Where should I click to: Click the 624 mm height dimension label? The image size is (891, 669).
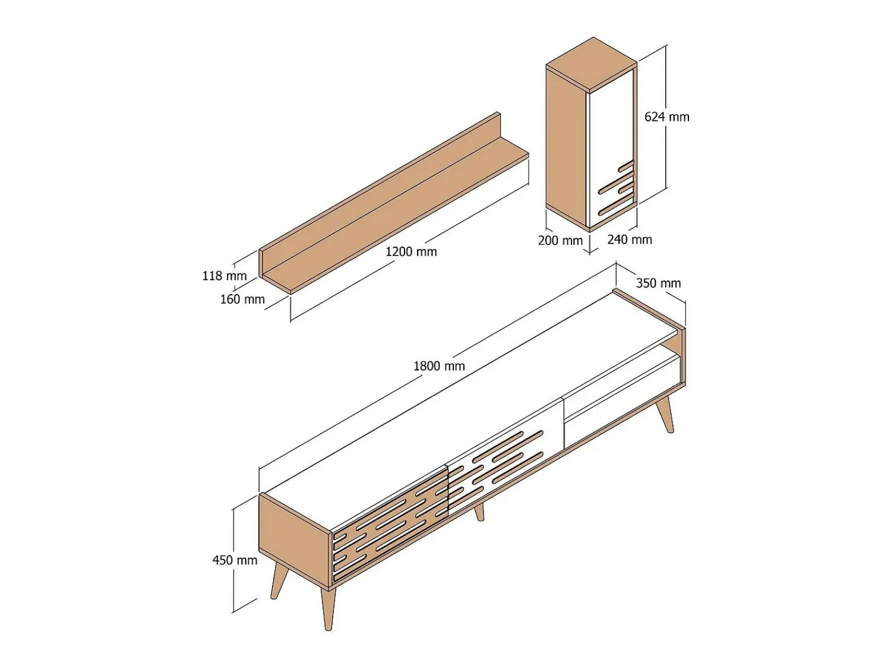coord(666,117)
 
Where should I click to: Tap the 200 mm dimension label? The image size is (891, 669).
coord(560,240)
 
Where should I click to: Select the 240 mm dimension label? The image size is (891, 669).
coord(630,239)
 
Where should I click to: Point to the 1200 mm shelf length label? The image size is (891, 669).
coord(411,252)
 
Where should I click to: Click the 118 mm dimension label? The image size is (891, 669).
coord(225,276)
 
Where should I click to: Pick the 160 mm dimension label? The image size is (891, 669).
coord(242,299)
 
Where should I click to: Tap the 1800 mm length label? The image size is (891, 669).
coord(439,366)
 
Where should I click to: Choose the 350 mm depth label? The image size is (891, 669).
coord(658,283)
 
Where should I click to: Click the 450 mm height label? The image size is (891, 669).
coord(235,561)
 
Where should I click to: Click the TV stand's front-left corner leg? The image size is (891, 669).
coord(327,607)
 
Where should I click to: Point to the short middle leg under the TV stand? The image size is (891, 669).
coord(479,512)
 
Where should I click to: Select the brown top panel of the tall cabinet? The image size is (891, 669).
coord(592,64)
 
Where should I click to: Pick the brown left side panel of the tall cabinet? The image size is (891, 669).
coord(566,148)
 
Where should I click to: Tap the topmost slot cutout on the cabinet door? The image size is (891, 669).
coord(625,165)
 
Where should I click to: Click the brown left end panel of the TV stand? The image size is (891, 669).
coord(295,540)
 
